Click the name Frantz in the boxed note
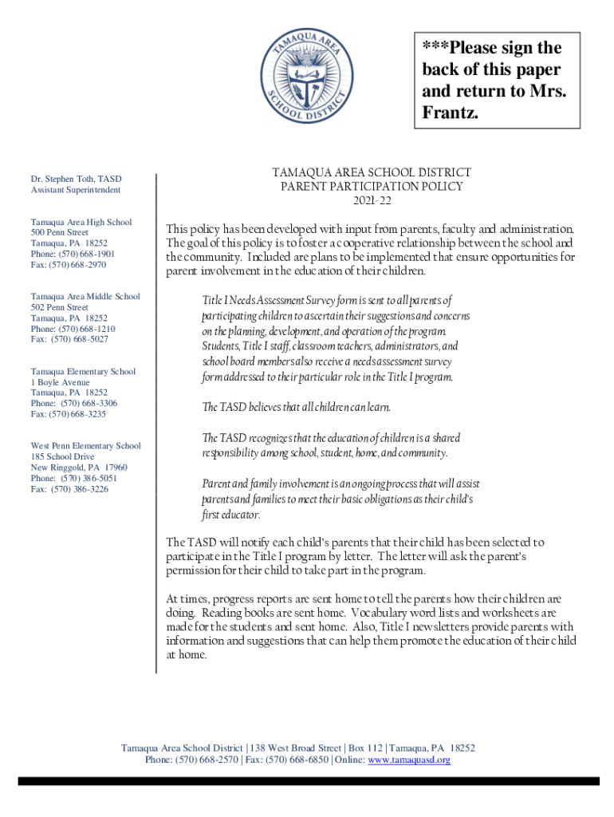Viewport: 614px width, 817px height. tap(449, 114)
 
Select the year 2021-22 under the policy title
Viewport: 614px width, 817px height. tap(372, 199)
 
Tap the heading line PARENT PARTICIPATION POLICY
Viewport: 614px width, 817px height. tap(372, 186)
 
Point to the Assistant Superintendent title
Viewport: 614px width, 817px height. tap(76, 191)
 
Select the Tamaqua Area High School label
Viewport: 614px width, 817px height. tap(81, 222)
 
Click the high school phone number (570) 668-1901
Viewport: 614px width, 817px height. tap(88, 254)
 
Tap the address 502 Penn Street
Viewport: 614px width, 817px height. tap(60, 307)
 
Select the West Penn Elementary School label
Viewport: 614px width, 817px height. tap(85, 446)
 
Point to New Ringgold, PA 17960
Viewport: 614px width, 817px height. tap(78, 468)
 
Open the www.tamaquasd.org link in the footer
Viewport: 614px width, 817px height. tap(408, 760)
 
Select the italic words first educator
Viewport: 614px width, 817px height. tap(231, 515)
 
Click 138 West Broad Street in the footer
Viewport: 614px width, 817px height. tap(296, 748)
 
